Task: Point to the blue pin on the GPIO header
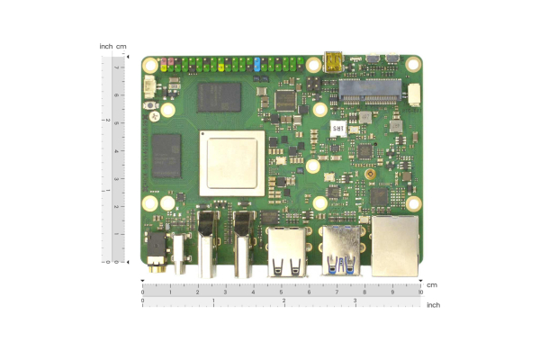click(x=257, y=66)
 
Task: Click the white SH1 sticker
click(x=337, y=130)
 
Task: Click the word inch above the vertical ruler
click(x=106, y=47)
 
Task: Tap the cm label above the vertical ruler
click(x=121, y=47)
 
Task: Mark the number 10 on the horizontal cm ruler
click(x=420, y=292)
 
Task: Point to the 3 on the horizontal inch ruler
click(x=354, y=301)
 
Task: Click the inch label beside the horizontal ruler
click(x=433, y=305)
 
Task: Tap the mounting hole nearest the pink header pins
click(x=149, y=65)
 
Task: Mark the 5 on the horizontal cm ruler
click(x=281, y=292)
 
